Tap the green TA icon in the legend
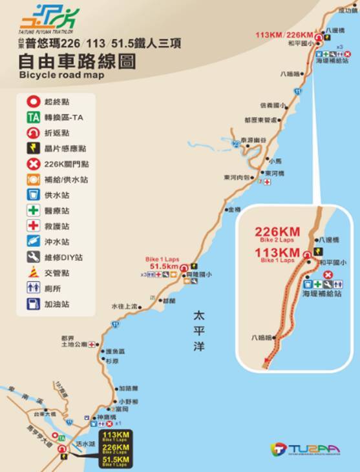[32, 118]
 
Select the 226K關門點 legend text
[67, 165]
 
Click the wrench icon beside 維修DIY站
[32, 258]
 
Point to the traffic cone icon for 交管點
[32, 273]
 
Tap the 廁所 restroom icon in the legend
[32, 289]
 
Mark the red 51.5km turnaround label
[163, 265]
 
